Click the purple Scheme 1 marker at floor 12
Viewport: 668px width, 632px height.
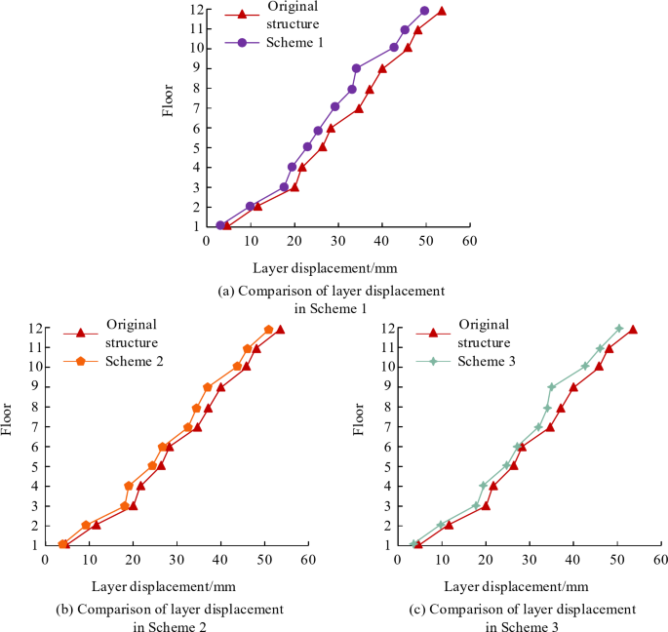[424, 11]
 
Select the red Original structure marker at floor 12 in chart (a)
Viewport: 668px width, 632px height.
[442, 11]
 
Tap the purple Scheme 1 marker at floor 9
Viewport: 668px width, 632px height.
[356, 68]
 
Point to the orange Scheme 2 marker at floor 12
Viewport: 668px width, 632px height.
[268, 330]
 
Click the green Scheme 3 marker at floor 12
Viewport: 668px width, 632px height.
[619, 329]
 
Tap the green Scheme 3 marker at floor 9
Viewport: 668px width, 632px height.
[552, 387]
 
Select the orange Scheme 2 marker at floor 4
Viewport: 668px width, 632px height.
[129, 486]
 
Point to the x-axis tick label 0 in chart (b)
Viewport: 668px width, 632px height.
[45, 561]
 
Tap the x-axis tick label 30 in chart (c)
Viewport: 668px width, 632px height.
[529, 561]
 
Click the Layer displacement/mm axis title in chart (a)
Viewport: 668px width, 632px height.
[326, 267]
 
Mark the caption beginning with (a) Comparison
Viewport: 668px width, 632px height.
[334, 299]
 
